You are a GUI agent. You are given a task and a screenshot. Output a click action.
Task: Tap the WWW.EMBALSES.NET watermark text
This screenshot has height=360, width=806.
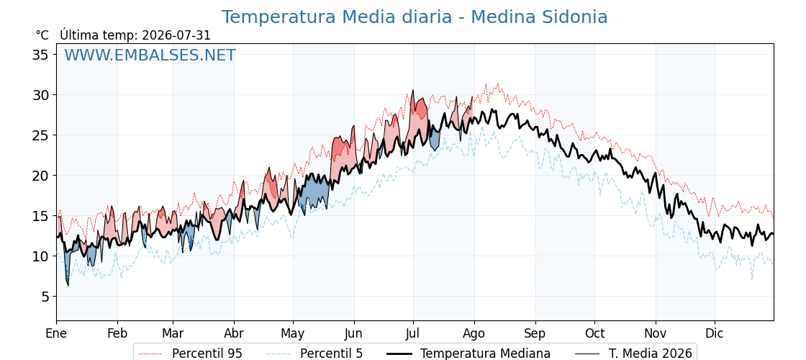150,55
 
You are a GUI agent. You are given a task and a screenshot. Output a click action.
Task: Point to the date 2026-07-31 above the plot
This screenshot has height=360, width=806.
176,35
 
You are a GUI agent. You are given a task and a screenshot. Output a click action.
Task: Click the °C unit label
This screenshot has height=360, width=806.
42,35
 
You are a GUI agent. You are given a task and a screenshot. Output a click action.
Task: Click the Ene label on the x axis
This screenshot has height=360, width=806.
57,333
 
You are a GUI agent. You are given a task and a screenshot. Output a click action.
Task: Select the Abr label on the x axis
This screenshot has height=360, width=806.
234,333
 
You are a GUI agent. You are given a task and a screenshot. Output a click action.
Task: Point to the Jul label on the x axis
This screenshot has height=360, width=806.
413,333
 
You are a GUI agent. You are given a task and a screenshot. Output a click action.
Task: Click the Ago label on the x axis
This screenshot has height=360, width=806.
474,334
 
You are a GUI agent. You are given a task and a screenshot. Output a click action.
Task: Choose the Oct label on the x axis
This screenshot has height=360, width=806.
594,333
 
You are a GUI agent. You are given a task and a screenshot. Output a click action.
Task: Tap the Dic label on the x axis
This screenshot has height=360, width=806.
715,333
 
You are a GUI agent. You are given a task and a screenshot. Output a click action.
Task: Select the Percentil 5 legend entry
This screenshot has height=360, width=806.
314,354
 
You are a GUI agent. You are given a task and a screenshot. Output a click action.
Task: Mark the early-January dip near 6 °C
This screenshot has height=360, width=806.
68,284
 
